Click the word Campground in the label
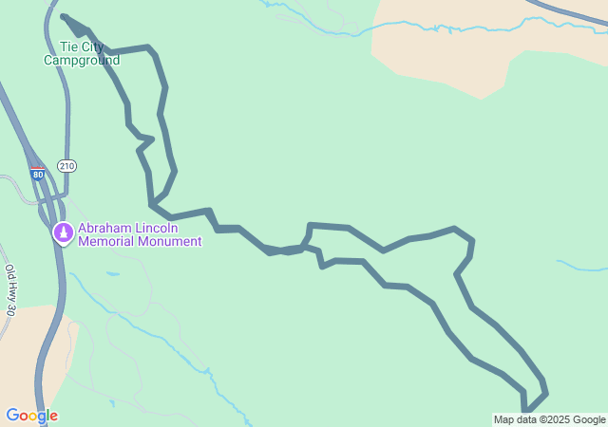pos(82,61)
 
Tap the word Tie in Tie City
pos(68,46)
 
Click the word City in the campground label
pos(94,46)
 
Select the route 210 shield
pos(66,166)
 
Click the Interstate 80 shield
pos(36,175)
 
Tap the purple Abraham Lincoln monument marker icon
pos(63,232)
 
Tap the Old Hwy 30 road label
pos(10,289)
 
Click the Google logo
pos(31,416)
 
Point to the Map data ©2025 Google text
pos(549,419)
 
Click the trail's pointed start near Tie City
pos(63,16)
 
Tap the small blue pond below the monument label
pos(112,274)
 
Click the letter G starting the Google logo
pos(12,416)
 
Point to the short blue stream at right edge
pos(581,265)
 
